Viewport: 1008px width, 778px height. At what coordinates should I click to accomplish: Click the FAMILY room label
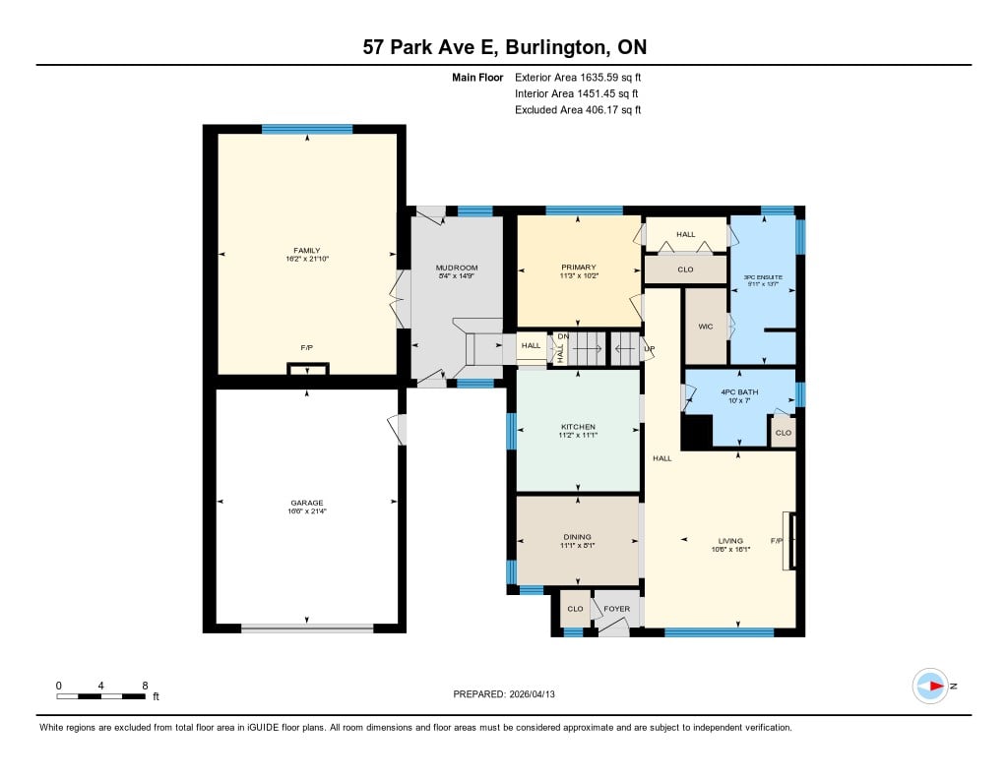point(307,251)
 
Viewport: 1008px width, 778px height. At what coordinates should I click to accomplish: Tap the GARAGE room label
point(307,503)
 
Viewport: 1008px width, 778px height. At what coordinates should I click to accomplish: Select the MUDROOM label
point(457,268)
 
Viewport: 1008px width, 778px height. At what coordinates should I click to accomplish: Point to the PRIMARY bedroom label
point(579,268)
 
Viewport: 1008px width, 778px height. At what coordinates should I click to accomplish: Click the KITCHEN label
point(578,427)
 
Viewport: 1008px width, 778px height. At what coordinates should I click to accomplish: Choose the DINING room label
point(577,537)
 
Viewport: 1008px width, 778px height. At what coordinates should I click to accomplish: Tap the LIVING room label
point(730,541)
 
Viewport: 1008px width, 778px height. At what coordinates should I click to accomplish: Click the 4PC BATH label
point(739,391)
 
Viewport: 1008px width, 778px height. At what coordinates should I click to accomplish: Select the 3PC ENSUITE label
point(763,277)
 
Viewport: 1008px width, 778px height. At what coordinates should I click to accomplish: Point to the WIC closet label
point(705,327)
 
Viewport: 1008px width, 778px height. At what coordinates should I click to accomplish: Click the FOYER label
point(616,609)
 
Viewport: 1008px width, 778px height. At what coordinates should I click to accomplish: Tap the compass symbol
point(930,687)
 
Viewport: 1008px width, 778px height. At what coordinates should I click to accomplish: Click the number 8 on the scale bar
point(146,686)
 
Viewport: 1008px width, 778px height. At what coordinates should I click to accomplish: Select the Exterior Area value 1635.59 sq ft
point(610,78)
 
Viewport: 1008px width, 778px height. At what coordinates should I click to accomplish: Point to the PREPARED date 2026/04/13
point(533,694)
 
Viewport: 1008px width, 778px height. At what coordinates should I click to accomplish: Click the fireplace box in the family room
point(308,370)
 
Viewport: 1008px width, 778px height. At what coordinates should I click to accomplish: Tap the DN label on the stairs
point(563,336)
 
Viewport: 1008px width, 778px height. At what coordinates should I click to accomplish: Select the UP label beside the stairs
point(650,349)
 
